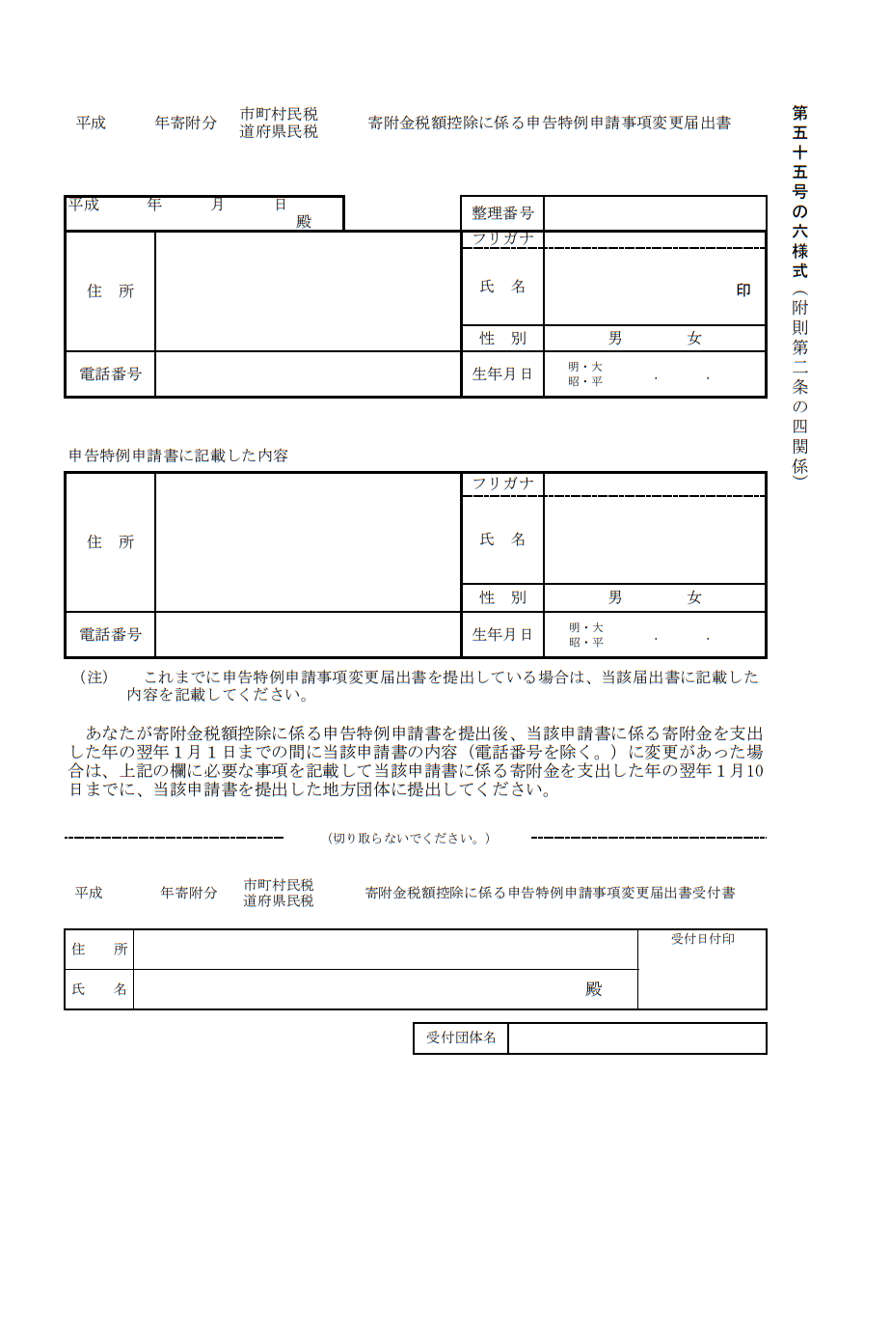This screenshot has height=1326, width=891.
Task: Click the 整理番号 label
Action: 502,213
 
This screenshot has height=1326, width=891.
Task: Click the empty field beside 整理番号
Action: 655,213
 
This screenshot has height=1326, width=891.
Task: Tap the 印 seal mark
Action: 743,290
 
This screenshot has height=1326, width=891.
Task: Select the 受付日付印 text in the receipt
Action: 703,939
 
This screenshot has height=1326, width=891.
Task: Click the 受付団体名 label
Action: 461,1037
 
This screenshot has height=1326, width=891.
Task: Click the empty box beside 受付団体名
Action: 636,1038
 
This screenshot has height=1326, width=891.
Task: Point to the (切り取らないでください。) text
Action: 409,839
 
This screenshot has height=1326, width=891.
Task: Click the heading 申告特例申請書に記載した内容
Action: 178,456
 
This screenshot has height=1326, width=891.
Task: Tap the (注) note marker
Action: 94,677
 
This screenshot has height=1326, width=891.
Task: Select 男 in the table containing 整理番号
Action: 615,339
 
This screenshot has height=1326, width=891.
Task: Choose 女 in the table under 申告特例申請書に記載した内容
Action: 694,598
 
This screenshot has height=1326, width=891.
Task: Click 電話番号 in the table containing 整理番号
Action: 110,374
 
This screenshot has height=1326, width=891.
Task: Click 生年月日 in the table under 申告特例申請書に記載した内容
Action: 502,635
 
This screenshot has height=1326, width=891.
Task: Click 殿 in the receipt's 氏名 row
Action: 594,989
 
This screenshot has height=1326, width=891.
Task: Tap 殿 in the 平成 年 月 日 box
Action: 304,222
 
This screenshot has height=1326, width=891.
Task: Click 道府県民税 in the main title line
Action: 279,132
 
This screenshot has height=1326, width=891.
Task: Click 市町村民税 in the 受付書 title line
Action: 279,885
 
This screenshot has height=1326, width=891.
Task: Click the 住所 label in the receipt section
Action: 99,950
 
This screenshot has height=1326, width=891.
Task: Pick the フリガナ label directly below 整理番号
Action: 502,238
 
